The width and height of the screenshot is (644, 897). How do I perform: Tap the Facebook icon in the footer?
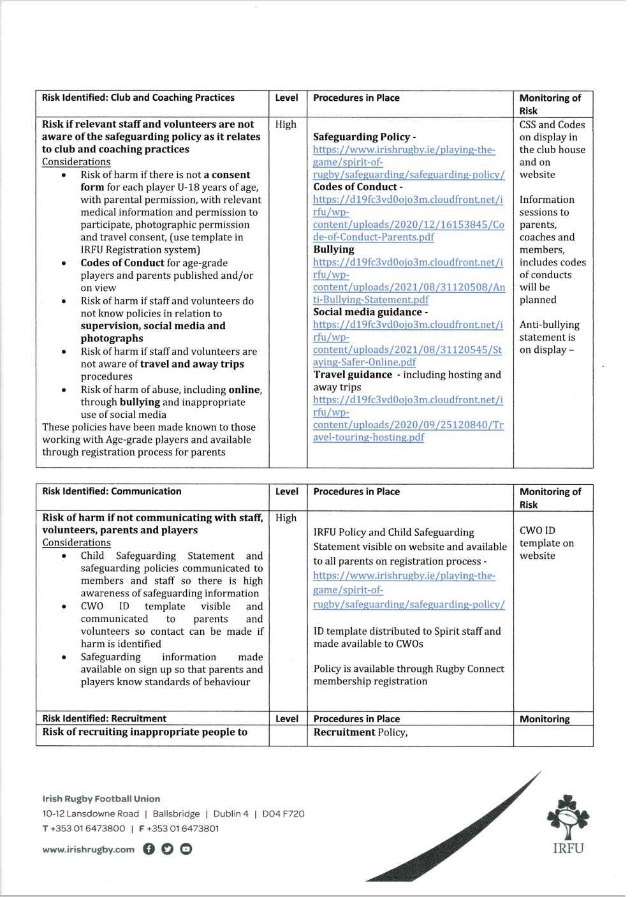(149, 849)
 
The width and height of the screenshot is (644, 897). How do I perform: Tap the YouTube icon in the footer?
(186, 849)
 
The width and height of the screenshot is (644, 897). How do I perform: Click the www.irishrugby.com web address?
(88, 849)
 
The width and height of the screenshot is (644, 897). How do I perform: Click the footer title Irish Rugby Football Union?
(101, 798)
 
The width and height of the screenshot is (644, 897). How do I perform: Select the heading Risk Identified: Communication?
(112, 491)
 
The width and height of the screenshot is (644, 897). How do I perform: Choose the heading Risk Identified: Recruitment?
(104, 718)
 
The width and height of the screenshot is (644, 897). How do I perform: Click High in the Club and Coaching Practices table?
(286, 124)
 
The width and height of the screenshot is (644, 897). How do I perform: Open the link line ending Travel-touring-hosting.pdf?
(369, 437)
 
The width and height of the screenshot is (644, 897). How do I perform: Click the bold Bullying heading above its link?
(333, 249)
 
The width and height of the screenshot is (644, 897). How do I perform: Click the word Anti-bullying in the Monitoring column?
(549, 325)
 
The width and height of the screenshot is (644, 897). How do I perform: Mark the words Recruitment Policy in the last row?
(360, 732)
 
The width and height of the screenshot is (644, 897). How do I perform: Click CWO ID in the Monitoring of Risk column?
(537, 530)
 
